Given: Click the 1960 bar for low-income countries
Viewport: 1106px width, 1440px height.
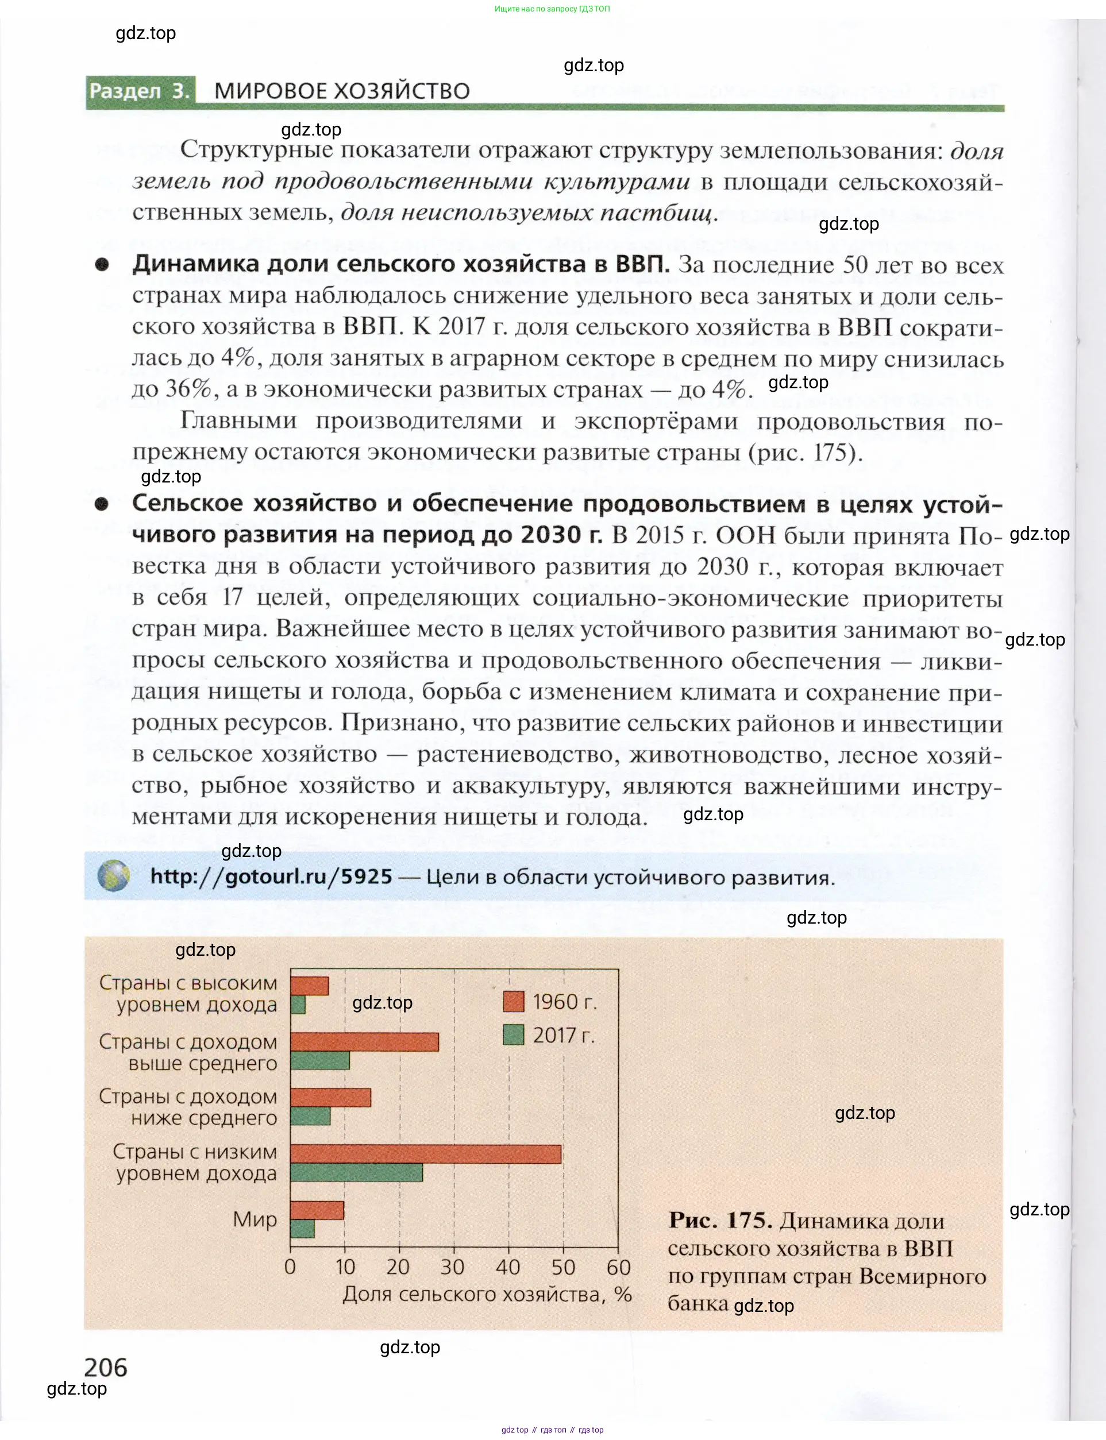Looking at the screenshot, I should click(x=425, y=1155).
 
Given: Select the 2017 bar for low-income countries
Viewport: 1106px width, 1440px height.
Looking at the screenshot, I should click(x=356, y=1173).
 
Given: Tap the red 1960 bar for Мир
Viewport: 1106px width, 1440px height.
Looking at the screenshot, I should click(x=317, y=1210).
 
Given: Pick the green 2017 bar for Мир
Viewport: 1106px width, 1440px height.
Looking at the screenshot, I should click(x=302, y=1229).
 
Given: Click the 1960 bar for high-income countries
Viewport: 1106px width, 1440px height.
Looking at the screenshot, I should click(x=310, y=986).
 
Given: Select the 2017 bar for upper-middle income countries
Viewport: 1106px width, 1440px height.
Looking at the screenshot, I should click(x=320, y=1060).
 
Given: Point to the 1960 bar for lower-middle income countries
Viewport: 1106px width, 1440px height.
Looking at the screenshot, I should click(x=330, y=1097).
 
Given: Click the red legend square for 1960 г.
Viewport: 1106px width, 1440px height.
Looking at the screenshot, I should click(x=514, y=1001).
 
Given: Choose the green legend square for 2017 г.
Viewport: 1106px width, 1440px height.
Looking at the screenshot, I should click(x=514, y=1034).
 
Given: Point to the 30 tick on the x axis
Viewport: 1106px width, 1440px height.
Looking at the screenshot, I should click(x=452, y=1267).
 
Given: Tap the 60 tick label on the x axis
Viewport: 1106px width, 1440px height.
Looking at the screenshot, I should click(x=619, y=1267).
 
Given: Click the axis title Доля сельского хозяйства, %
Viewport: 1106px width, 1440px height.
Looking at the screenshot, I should click(x=487, y=1295).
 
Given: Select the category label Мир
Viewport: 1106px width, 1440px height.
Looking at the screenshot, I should click(x=255, y=1219).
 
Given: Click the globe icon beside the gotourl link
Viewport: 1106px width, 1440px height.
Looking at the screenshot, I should click(x=114, y=876).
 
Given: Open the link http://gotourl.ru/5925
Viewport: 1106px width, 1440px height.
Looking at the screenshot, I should click(x=271, y=877).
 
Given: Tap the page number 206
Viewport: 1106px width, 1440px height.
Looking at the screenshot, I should click(x=105, y=1368).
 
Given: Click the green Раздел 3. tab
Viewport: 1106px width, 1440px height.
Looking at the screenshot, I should click(x=140, y=91).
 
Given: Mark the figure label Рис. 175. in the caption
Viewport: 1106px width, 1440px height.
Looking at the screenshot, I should click(x=720, y=1221).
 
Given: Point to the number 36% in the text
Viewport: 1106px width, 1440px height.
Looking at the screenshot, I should click(x=188, y=389).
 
